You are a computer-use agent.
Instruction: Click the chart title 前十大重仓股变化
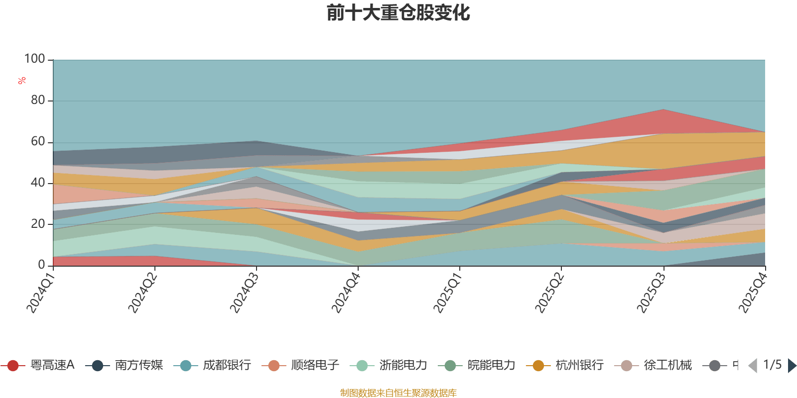click(398, 13)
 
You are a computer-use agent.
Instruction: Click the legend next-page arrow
click(792, 366)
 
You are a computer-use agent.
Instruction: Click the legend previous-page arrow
click(753, 366)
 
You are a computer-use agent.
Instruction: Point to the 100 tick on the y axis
click(35, 59)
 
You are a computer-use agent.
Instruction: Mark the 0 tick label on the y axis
click(42, 265)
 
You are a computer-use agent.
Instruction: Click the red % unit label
click(22, 81)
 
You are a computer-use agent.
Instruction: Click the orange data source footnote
click(398, 393)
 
